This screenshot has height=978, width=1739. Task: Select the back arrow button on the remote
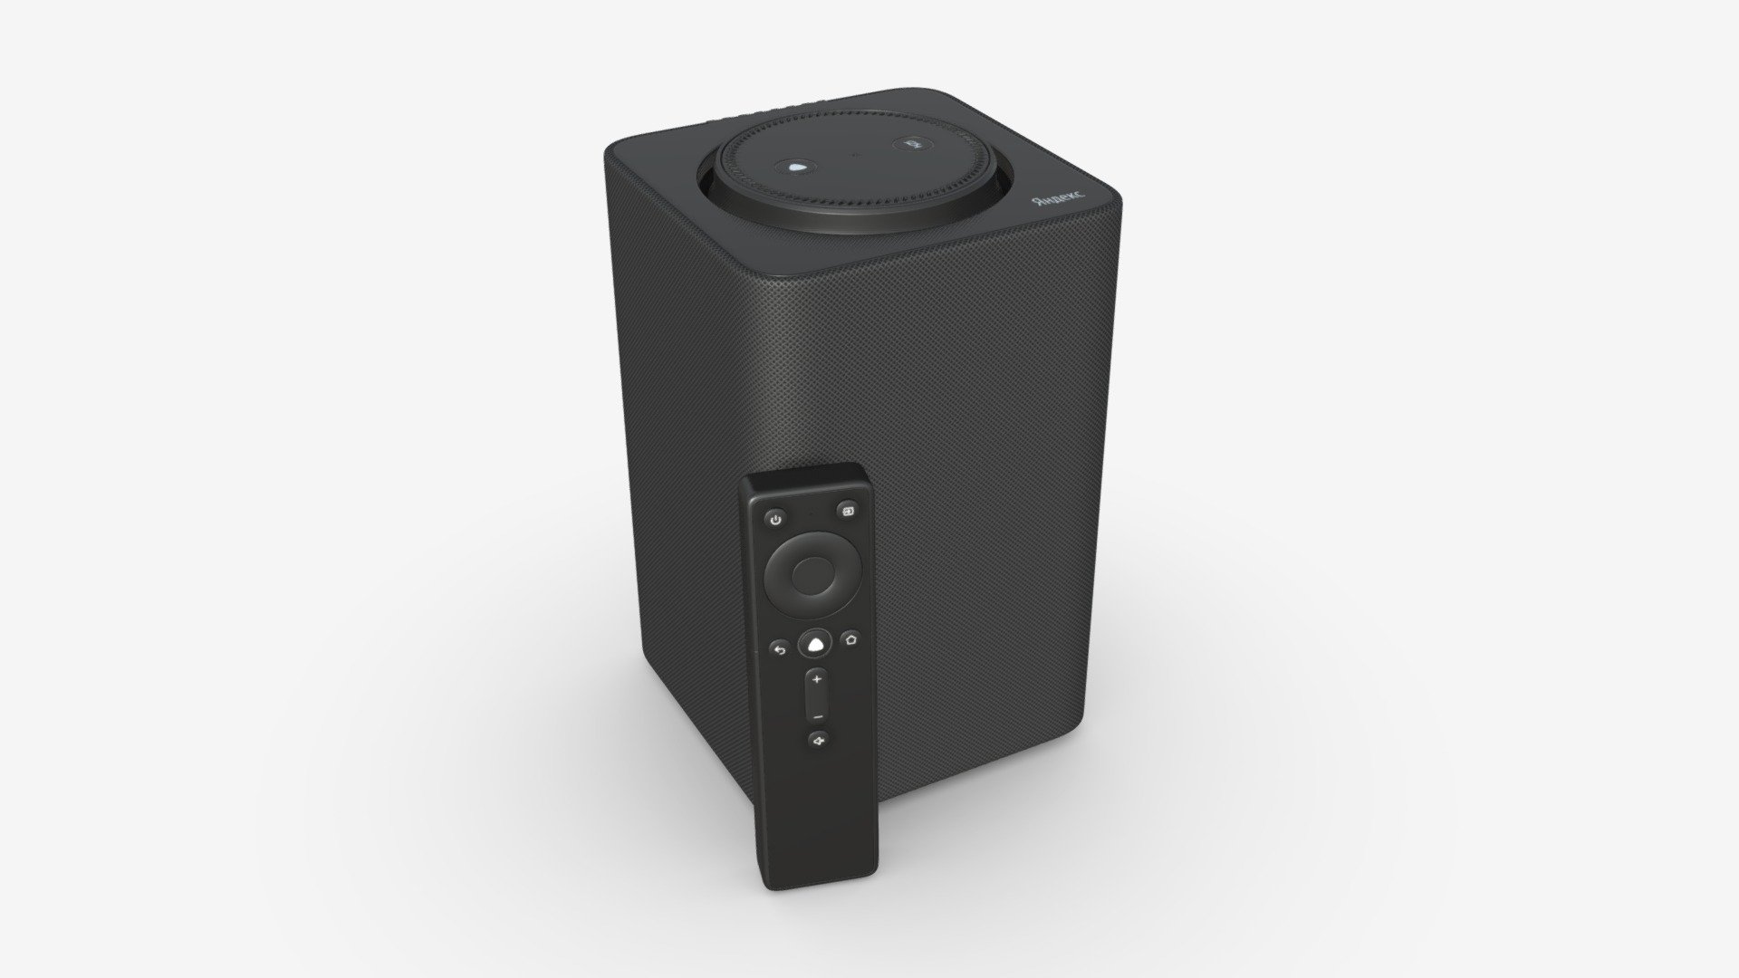click(x=779, y=649)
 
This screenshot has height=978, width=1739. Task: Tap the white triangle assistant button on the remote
click(x=815, y=644)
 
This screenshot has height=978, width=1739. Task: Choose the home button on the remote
click(x=850, y=638)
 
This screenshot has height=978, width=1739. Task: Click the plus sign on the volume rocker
click(x=817, y=679)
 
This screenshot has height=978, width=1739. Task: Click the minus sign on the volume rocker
click(x=818, y=715)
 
